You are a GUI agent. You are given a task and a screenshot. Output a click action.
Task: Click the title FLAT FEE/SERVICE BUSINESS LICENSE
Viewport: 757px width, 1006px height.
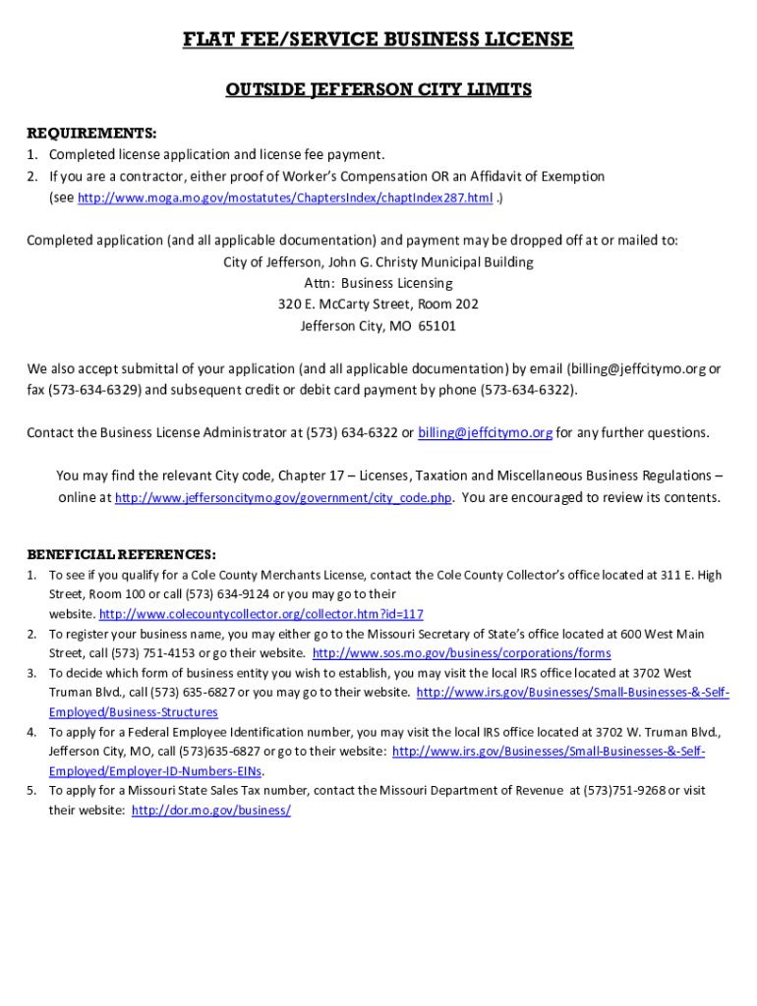pos(378,39)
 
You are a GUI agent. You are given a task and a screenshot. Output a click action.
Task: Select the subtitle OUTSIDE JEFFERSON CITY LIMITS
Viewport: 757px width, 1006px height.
pos(378,90)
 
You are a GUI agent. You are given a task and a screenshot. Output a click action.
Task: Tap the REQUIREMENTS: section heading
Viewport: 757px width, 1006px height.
pos(91,133)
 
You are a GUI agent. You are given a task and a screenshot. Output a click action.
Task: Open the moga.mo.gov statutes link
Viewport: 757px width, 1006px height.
pos(285,198)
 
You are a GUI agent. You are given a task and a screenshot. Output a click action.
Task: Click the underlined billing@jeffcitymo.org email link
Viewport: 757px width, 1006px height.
pos(486,433)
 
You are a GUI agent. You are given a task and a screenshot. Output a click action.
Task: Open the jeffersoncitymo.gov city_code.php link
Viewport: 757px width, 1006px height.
pos(283,498)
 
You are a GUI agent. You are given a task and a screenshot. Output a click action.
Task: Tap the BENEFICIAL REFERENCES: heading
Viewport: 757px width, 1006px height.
pos(122,555)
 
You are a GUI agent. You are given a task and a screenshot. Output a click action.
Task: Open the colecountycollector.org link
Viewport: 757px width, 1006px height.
pos(262,614)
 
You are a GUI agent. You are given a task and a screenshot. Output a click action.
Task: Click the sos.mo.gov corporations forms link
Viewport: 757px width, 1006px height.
pos(461,653)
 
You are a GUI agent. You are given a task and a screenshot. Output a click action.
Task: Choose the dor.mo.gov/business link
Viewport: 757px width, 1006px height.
pos(211,810)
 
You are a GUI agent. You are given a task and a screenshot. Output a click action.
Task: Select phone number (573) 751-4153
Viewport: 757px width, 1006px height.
pos(148,653)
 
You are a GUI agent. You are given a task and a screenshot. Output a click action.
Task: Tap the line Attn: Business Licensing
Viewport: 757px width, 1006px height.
pos(378,283)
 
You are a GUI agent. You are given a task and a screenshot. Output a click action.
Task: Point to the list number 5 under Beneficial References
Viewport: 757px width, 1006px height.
pos(31,791)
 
